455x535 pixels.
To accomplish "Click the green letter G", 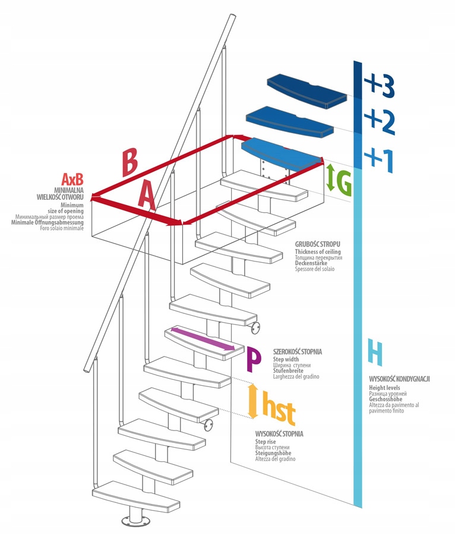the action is pyautogui.click(x=345, y=185).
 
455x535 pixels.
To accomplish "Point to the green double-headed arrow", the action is pyautogui.click(x=330, y=177).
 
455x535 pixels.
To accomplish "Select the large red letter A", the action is pyautogui.click(x=146, y=196).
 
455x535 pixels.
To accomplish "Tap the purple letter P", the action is pyautogui.click(x=254, y=358).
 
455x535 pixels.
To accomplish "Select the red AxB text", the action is pyautogui.click(x=72, y=179).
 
